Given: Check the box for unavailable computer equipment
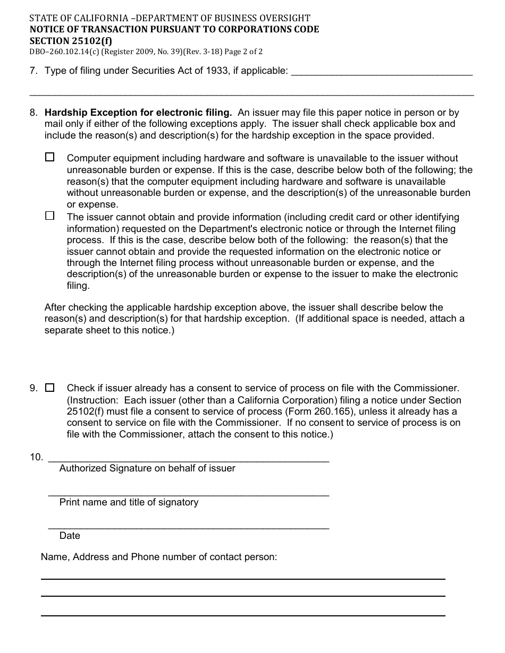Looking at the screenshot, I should click(50, 157).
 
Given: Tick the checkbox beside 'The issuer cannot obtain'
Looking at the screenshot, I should click(50, 216).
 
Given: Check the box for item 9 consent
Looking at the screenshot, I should click(50, 388).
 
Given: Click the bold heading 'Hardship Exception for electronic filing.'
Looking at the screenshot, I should click(138, 113).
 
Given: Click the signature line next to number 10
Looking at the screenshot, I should click(189, 460).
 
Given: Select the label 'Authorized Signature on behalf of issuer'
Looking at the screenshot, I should click(147, 468).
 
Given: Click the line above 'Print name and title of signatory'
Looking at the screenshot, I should click(189, 495).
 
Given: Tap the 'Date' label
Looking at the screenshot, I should click(70, 536).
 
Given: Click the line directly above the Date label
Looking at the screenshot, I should click(189, 528).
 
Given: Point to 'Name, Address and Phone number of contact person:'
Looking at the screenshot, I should click(159, 557).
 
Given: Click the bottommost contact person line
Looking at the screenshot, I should click(243, 615).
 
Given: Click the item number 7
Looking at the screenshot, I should click(33, 71).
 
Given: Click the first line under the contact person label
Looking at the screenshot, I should click(243, 579).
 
